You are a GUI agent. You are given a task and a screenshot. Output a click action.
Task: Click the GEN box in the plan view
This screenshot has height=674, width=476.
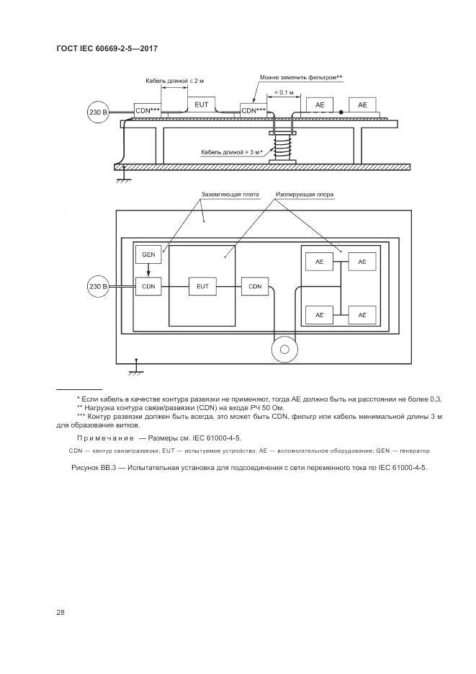148,255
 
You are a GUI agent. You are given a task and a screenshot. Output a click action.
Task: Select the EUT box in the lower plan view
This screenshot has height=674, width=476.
202,286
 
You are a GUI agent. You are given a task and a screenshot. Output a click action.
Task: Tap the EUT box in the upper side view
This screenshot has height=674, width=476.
202,105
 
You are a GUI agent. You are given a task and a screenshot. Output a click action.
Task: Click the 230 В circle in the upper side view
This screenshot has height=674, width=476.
97,113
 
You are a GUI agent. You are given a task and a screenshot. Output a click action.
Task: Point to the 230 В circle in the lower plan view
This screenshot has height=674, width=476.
97,287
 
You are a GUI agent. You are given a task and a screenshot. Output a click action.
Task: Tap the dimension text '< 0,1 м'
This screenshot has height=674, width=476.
279,92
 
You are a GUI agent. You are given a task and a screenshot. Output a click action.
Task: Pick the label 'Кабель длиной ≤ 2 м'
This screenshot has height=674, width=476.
174,80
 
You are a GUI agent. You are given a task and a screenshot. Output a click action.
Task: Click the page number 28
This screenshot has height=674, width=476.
60,612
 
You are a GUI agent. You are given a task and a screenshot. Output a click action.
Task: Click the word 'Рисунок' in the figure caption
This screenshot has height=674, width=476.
88,467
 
